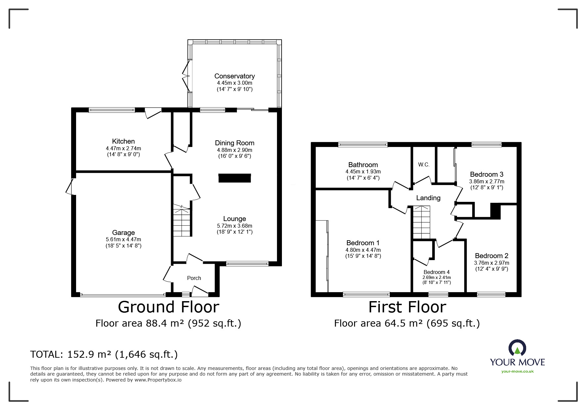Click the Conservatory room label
coord(234,76)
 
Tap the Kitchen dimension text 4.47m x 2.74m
coord(123,149)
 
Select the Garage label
coord(123,233)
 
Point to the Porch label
coord(194,278)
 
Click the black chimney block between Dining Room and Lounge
coord(235,178)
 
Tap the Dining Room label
coord(235,143)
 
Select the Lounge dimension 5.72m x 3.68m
coord(235,226)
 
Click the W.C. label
coord(424,164)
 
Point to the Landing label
coord(428,198)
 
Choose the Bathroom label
coord(363,165)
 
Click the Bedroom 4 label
coord(437,272)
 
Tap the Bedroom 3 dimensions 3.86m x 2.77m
coord(487,181)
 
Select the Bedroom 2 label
coord(492,256)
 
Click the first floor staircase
coord(421,222)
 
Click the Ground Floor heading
coord(168,307)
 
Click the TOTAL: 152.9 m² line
coord(104,354)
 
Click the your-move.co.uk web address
coord(518,371)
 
